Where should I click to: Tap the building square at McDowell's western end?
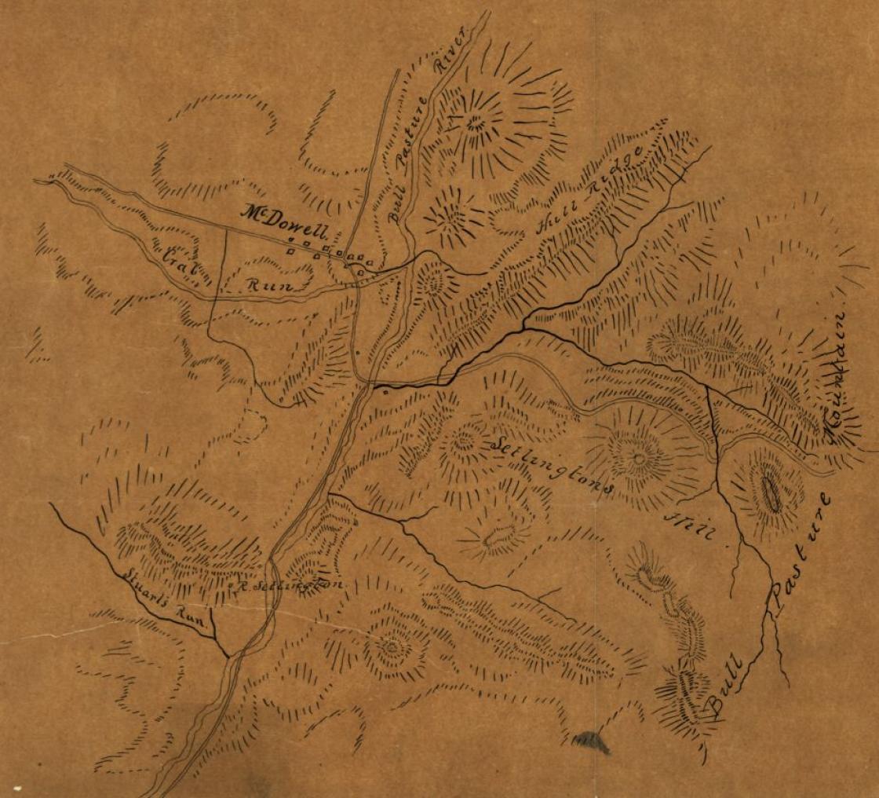tap(290, 251)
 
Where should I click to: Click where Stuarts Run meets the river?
tap(229, 655)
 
